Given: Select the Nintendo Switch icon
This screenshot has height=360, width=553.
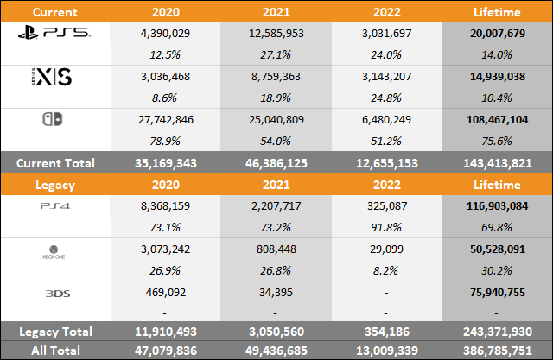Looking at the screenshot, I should click(x=54, y=120).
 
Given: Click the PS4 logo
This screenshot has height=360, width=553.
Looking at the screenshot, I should click(x=54, y=208).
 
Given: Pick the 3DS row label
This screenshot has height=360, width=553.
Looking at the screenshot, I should click(x=54, y=294).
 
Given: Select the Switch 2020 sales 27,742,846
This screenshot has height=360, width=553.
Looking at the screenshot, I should click(x=165, y=119).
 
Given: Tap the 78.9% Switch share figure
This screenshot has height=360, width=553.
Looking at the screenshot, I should click(x=165, y=140).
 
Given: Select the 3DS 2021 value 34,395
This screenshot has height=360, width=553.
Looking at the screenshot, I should click(x=275, y=293).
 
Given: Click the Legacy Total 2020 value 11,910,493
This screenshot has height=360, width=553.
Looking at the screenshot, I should click(x=165, y=331).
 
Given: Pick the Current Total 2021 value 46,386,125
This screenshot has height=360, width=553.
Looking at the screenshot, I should click(x=275, y=161).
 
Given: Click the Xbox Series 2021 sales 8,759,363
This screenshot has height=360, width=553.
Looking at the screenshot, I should click(x=275, y=76).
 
